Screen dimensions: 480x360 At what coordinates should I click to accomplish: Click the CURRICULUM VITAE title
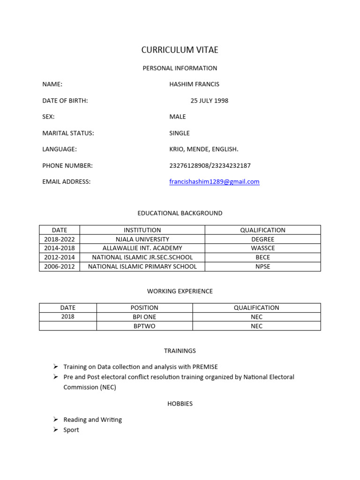pos(180,50)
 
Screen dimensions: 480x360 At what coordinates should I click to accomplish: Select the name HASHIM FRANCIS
pos(194,84)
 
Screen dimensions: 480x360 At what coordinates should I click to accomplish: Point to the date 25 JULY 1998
pos(210,100)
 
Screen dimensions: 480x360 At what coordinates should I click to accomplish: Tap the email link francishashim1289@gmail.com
pos(214,182)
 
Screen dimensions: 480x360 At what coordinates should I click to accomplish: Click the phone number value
pos(210,165)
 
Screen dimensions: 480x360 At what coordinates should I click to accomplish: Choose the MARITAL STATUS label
pos(68,133)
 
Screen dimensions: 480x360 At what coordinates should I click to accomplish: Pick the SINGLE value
pos(180,133)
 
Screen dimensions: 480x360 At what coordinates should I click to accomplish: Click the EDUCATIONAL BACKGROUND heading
pos(180,213)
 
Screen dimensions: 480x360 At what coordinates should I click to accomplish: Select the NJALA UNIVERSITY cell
pos(142,239)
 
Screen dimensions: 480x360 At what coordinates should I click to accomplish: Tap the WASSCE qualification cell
pos(262,248)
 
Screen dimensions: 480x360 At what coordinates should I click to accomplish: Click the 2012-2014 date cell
pos(60,257)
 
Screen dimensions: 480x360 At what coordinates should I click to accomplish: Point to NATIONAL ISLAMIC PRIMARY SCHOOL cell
pos(142,267)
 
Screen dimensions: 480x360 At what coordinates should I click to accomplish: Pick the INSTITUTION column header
pos(142,230)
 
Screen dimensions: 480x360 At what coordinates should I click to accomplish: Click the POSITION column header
pos(144,308)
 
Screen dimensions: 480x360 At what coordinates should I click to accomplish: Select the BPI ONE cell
pos(144,317)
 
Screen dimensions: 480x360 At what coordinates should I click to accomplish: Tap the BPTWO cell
pos(144,326)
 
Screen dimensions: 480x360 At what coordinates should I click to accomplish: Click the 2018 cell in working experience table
pos(68,317)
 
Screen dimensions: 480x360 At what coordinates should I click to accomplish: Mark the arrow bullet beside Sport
pos(55,430)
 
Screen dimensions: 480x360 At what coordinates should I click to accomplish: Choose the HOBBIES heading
pos(180,404)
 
